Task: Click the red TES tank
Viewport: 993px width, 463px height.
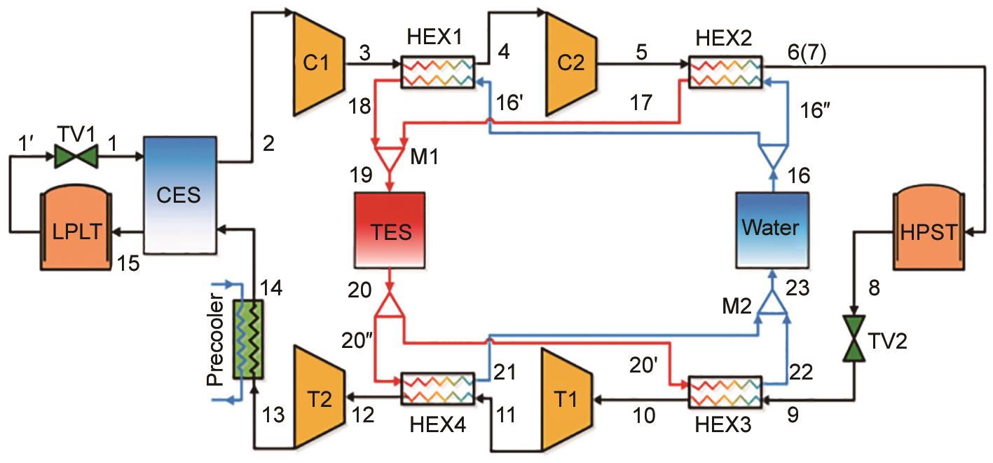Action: click(390, 229)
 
